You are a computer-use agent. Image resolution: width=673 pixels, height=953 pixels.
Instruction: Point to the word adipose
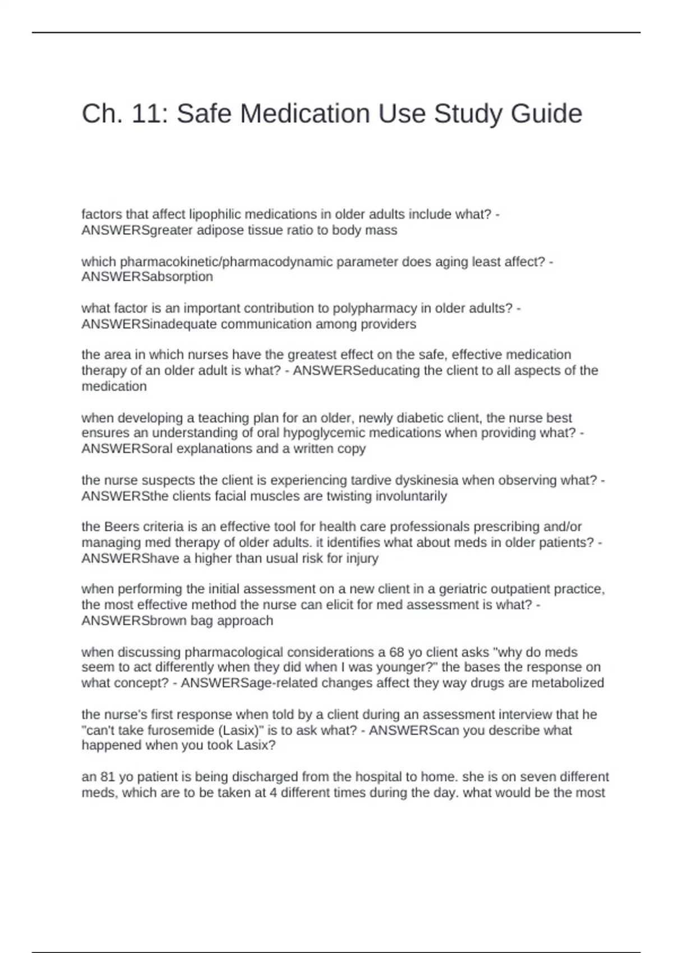point(221,230)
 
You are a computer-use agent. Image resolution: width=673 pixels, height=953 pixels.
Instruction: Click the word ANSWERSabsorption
point(147,276)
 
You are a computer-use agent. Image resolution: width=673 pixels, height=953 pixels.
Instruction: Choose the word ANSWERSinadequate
point(149,324)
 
